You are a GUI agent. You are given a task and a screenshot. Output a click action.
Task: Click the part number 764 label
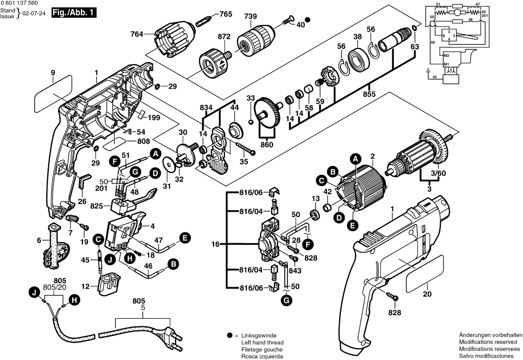pos(137,34)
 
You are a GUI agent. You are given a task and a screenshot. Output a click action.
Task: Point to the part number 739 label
pos(251,16)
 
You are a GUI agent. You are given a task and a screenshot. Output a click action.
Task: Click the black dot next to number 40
pos(308,20)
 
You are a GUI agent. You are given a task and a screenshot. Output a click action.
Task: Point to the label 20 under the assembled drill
pos(427,295)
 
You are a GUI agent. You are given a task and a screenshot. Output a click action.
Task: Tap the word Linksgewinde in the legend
pos(259,335)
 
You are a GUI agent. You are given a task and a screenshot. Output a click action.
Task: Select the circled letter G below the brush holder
pos(286,299)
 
